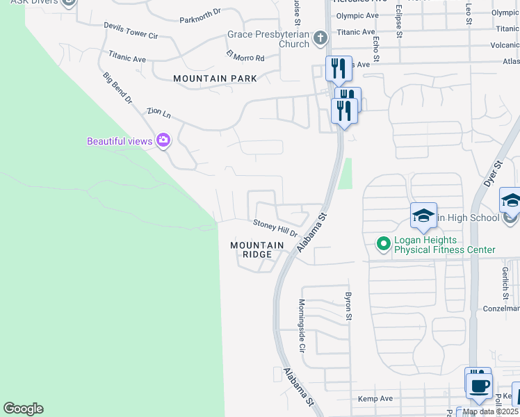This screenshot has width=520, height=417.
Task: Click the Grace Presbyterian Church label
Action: (268, 39)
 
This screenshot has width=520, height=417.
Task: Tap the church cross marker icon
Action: (320, 37)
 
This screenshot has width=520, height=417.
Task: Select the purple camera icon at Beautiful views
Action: (163, 141)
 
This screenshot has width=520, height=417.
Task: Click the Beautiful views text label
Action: (119, 141)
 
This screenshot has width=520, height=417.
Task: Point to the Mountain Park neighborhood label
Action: (215, 79)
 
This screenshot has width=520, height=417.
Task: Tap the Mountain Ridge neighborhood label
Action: (257, 250)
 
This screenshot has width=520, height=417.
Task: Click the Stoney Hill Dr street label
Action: (275, 227)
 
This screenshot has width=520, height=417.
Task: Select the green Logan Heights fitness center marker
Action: (382, 243)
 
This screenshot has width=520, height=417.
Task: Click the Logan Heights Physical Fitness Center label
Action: (444, 245)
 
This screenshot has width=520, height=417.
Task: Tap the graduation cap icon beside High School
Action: (423, 216)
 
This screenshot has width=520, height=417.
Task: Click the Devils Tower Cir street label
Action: (131, 30)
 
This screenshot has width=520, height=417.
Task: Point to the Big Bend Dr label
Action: (117, 88)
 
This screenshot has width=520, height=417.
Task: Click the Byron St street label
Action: (348, 306)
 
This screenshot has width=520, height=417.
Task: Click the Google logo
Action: (23, 409)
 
